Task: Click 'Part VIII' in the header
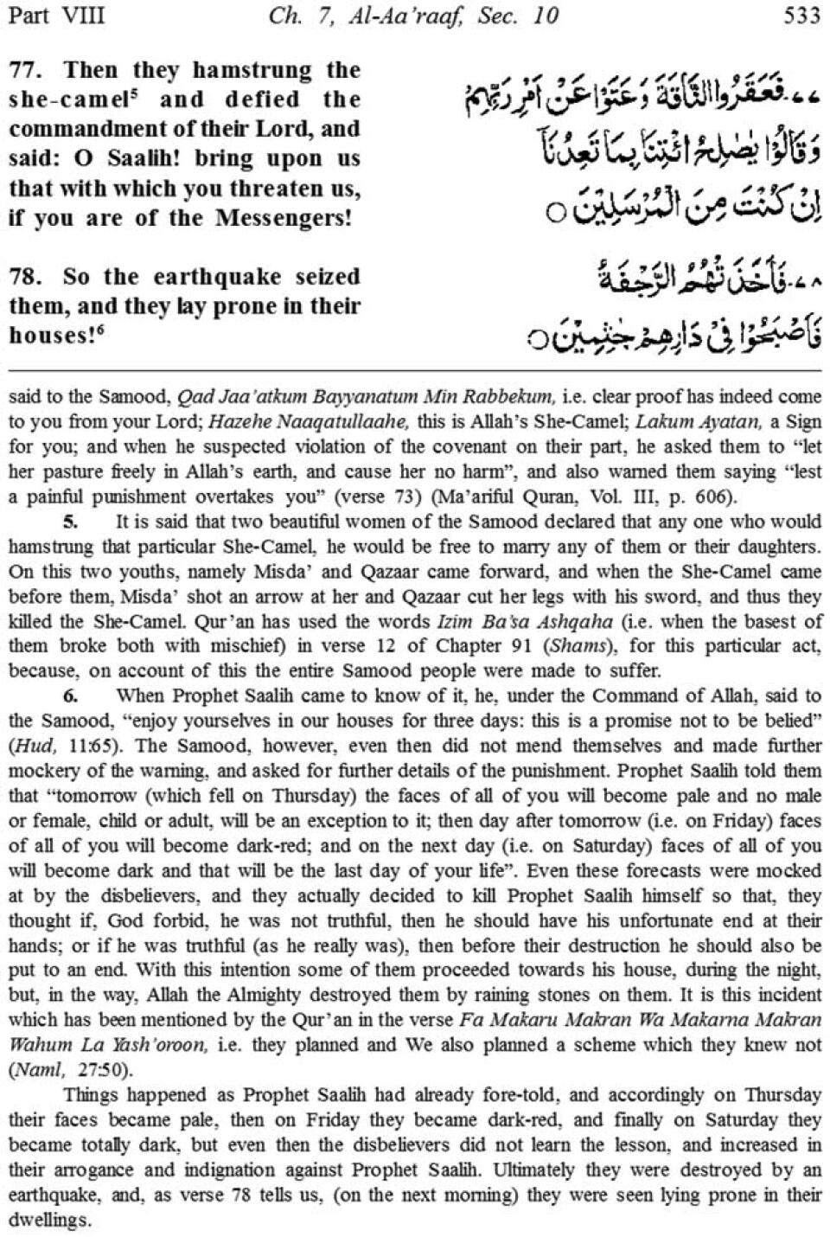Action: [x=57, y=16]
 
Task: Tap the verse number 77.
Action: [x=25, y=69]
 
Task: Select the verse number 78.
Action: [x=25, y=277]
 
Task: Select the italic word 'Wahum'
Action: [x=37, y=1044]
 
